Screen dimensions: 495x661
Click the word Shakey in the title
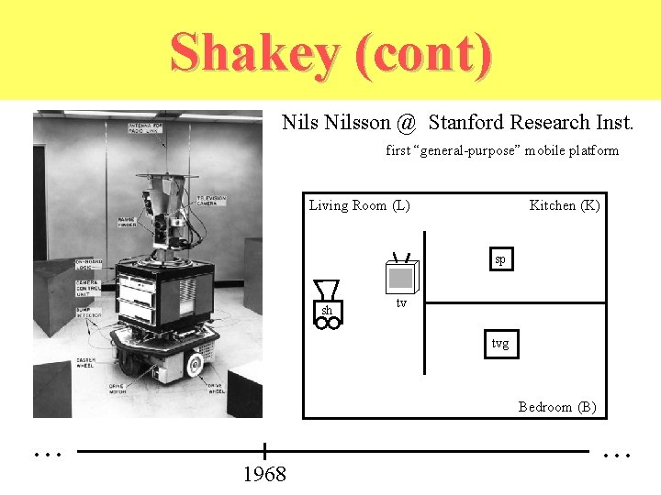(253, 52)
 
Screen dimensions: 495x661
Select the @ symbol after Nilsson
(406, 123)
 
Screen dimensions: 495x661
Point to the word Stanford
(471, 122)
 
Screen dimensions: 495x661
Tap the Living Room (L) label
(359, 205)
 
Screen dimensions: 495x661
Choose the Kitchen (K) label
(564, 205)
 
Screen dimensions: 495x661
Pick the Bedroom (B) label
(556, 407)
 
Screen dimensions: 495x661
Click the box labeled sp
(499, 259)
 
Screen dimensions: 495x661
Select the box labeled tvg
(499, 344)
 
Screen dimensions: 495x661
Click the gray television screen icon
(400, 277)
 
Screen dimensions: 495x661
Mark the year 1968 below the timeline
(264, 475)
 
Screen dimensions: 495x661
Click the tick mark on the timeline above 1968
(264, 451)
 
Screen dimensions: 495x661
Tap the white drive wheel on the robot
(194, 366)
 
